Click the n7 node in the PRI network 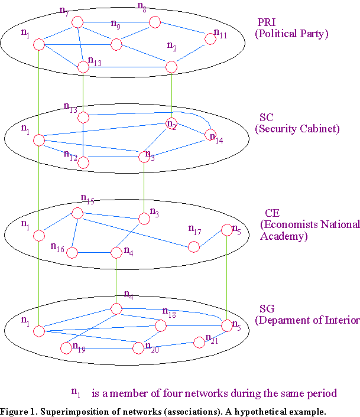pyautogui.click(x=77, y=22)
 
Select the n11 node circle pyautogui.click(x=210, y=39)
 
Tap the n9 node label pyautogui.click(x=115, y=25)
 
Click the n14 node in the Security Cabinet pyautogui.click(x=211, y=136)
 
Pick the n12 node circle pyautogui.click(x=83, y=162)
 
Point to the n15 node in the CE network pyautogui.click(x=77, y=213)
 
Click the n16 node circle pyautogui.click(x=73, y=253)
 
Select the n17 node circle pyautogui.click(x=194, y=247)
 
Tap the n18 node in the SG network pyautogui.click(x=160, y=325)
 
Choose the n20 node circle pyautogui.click(x=138, y=348)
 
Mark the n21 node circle pyautogui.click(x=199, y=343)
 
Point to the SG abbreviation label pyautogui.click(x=267, y=309)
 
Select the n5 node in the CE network pyautogui.click(x=228, y=230)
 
